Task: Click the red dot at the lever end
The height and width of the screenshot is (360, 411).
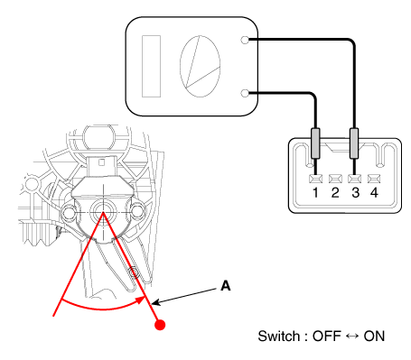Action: [x=160, y=325]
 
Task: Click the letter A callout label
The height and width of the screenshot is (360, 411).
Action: [x=226, y=286]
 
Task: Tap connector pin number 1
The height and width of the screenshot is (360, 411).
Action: [x=315, y=193]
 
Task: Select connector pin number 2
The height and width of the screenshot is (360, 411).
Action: [x=335, y=193]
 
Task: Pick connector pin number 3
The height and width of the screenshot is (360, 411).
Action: [x=356, y=193]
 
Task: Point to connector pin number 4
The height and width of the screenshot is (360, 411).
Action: [x=374, y=193]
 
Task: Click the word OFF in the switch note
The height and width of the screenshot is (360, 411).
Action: [x=327, y=336]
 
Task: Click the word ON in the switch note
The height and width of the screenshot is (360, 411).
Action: [x=374, y=336]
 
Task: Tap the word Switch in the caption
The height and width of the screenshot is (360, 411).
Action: [x=279, y=336]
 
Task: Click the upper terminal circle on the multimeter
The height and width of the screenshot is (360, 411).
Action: [x=246, y=40]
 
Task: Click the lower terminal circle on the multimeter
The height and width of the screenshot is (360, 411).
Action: [x=246, y=93]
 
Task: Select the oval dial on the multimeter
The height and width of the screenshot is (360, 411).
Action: [x=200, y=66]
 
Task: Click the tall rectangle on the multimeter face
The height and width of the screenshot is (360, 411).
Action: [x=151, y=66]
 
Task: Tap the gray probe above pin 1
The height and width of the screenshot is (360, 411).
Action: [x=315, y=143]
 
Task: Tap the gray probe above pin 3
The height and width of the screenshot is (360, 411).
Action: [x=354, y=143]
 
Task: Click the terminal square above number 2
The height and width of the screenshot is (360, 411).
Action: [x=335, y=179]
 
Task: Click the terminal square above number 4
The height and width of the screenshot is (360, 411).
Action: [x=374, y=179]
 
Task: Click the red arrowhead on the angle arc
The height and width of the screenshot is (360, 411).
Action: [x=141, y=300]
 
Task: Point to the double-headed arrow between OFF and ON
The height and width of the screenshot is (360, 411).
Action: [x=352, y=336]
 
